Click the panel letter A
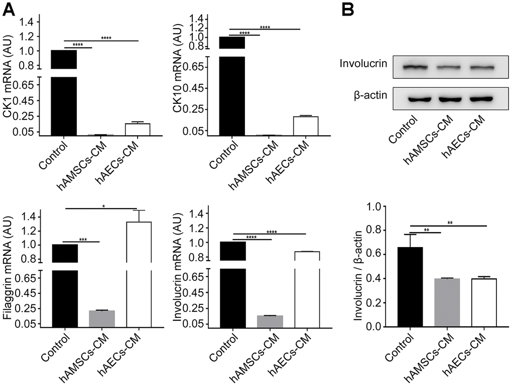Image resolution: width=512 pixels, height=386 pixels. click(9, 9)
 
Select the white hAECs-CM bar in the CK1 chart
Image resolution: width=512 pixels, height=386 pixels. click(137, 129)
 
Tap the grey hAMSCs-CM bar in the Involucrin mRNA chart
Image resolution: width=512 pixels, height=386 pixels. click(270, 322)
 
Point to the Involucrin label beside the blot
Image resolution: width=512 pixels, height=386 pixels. click(363, 64)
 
